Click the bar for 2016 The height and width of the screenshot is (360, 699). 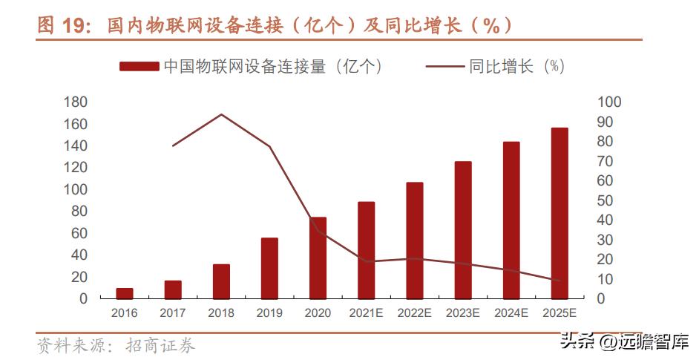click(125, 293)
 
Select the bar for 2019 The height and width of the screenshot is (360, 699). click(269, 268)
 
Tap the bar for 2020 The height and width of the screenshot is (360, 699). click(318, 258)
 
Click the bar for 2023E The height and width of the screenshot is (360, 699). click(463, 230)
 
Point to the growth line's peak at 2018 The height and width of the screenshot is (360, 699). click(221, 114)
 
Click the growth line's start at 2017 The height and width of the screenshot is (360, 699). click(173, 145)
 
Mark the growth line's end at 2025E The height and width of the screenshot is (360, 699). click(559, 280)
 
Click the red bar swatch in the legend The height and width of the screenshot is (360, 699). click(139, 66)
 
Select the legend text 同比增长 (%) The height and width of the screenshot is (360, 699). click(516, 66)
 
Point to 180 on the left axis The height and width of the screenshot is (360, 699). click(76, 102)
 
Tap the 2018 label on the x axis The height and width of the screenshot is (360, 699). click(221, 313)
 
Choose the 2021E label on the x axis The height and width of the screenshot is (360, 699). click(366, 313)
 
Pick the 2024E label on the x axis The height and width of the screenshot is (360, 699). click(511, 313)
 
